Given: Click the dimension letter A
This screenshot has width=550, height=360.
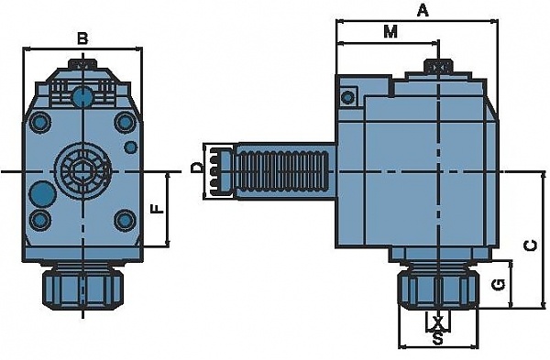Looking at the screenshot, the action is pos(423,11).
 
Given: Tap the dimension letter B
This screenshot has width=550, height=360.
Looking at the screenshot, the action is pos(82,38).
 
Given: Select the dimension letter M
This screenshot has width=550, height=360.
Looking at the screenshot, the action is pos(390,32).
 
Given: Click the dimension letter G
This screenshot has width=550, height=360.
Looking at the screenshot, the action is pos(499,285).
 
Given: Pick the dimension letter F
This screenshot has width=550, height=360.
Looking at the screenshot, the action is pos(158,209).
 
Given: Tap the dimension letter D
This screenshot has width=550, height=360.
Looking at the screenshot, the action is pos(197,168).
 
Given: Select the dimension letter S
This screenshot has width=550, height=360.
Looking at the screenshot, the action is pos(437,339).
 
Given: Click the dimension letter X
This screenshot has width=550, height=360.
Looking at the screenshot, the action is pos(437,322).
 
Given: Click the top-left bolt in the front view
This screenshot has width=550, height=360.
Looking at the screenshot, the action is pos(39,122).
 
